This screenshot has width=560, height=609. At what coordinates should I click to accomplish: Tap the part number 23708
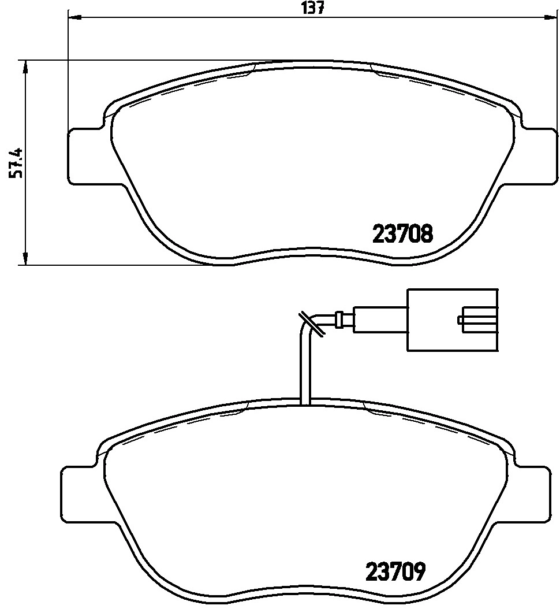pos(402,234)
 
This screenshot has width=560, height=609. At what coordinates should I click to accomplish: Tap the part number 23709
pos(395,571)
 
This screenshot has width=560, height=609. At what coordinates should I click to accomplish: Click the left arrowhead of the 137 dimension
pos(74,17)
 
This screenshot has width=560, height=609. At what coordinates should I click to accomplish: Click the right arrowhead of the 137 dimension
pos(551,17)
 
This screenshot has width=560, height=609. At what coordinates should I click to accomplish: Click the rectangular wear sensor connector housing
pos(452,320)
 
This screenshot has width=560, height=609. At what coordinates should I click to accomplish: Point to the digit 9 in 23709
pos(419,571)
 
